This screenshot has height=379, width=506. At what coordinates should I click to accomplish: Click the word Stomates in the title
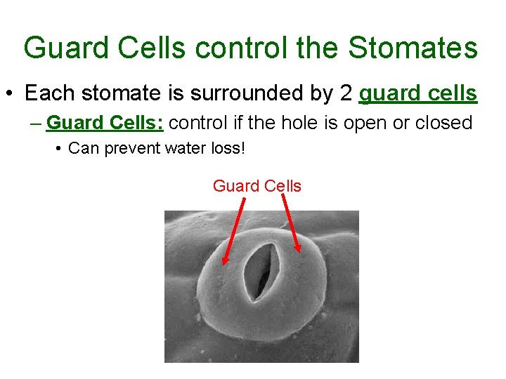413,48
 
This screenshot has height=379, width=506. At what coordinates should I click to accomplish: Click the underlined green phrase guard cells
418,93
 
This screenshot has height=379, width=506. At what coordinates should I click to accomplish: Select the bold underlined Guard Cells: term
105,123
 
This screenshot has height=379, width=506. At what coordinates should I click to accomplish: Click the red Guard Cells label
257,186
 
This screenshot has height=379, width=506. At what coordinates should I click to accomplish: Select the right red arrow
292,223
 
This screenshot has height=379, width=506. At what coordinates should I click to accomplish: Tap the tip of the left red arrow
225,264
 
